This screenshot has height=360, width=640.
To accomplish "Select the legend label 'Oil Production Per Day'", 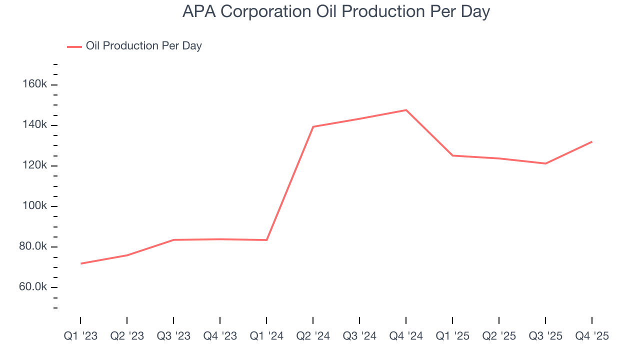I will pos(144,46).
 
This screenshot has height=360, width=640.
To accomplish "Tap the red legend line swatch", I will pos(74,47).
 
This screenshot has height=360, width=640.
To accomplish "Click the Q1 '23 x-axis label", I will pos(80,336).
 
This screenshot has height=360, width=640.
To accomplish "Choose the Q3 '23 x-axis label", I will pos(173,336).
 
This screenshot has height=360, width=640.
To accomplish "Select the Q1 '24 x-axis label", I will pos(266,336).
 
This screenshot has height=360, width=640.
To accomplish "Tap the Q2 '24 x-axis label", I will pos(313,336).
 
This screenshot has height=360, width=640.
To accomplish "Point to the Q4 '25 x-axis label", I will pos(592,336).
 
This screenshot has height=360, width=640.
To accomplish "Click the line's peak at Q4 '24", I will pos(406,110).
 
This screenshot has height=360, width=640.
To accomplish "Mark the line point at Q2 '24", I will pos(313,126).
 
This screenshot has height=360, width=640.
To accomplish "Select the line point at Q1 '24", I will pos(266,240).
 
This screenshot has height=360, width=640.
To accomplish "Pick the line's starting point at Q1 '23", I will pos(80,263).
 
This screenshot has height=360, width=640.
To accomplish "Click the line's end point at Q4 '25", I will pos(592,141).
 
